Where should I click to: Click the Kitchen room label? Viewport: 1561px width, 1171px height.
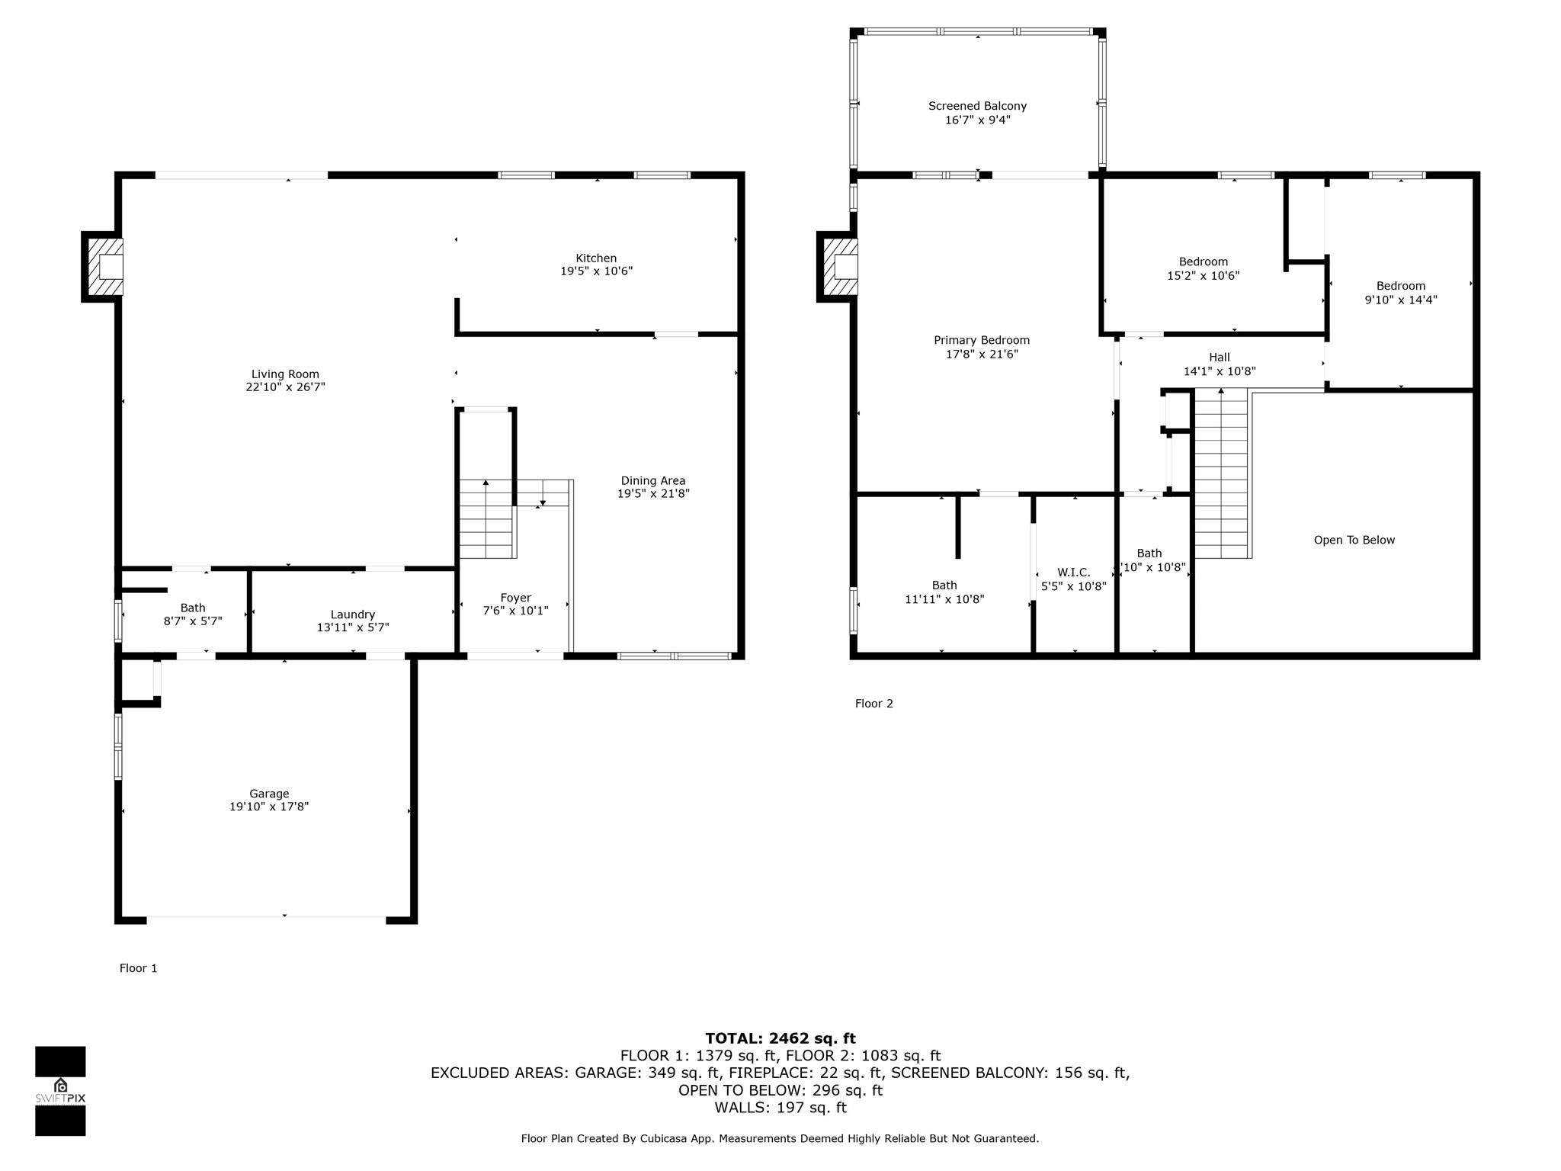click(596, 258)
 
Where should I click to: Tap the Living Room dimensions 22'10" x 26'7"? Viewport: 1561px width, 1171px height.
click(285, 387)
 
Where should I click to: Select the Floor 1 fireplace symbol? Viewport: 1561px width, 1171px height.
click(102, 267)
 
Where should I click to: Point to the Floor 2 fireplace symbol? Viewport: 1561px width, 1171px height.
click(838, 267)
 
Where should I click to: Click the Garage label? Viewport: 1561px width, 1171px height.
click(269, 794)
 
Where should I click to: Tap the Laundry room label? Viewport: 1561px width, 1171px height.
click(353, 614)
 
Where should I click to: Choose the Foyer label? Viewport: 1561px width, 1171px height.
click(516, 598)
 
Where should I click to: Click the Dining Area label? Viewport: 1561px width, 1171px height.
click(653, 480)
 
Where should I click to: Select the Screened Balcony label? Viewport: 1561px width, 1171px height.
click(977, 106)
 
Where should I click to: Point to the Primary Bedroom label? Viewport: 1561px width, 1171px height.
click(982, 340)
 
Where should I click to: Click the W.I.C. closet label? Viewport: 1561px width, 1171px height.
click(1074, 573)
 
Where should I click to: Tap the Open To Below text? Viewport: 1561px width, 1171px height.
click(1354, 540)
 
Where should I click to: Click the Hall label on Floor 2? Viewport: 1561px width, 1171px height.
click(1220, 357)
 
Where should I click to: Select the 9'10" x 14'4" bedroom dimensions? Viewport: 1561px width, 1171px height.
click(1401, 300)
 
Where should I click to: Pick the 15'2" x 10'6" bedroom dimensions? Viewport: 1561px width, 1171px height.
click(1204, 276)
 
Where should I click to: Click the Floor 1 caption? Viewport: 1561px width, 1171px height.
click(139, 968)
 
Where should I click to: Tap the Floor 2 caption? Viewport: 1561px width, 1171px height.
click(874, 704)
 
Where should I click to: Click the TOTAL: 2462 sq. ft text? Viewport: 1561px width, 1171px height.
click(780, 1038)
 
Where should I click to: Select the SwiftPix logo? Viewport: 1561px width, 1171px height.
click(60, 1091)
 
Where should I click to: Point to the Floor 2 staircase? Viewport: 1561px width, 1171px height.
click(1221, 473)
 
